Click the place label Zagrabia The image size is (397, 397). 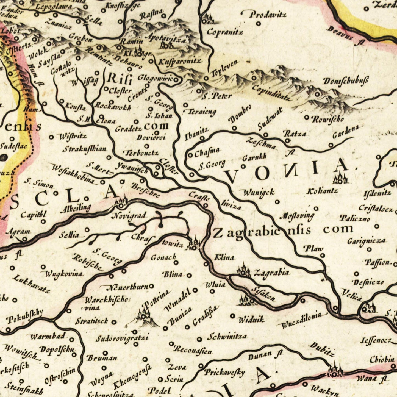271,273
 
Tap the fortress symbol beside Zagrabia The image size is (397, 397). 244,271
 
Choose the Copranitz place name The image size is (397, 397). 225,32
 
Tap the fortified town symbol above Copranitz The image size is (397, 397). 208,19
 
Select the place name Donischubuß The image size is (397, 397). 345,81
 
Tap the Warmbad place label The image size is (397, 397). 48,336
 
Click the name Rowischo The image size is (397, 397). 327,119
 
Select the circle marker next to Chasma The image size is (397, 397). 190,155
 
